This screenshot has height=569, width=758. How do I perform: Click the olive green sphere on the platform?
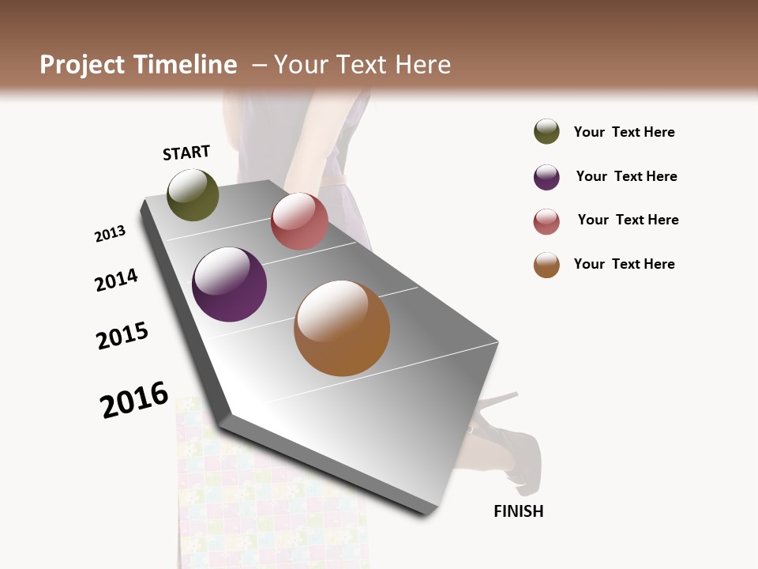pyautogui.click(x=193, y=194)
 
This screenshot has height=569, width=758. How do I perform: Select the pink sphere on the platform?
pyautogui.click(x=299, y=221)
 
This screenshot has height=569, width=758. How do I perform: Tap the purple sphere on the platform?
pyautogui.click(x=230, y=284)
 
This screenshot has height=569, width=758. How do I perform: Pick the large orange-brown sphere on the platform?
pyautogui.click(x=342, y=328)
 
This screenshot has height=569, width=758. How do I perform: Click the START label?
pyautogui.click(x=186, y=153)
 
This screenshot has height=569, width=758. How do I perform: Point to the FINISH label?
pyautogui.click(x=519, y=511)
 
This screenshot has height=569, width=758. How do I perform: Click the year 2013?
pyautogui.click(x=110, y=234)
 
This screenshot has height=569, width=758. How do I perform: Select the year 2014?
pyautogui.click(x=116, y=280)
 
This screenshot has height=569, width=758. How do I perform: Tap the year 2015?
pyautogui.click(x=122, y=336)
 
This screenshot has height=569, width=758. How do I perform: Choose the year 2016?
pyautogui.click(x=134, y=400)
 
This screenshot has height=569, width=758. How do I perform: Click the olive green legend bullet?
pyautogui.click(x=546, y=131)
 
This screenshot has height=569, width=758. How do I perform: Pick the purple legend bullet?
pyautogui.click(x=546, y=177)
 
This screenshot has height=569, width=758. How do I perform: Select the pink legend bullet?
pyautogui.click(x=546, y=221)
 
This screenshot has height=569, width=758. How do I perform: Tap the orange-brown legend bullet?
pyautogui.click(x=546, y=265)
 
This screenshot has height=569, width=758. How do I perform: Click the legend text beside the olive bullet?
pyautogui.click(x=624, y=132)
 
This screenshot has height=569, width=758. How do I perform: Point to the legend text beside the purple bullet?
pyautogui.click(x=626, y=176)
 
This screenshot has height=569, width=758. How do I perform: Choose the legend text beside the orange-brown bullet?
pyautogui.click(x=624, y=264)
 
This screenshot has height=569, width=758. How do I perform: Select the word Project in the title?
pyautogui.click(x=82, y=65)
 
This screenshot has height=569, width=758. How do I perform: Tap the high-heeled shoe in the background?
pyautogui.click(x=505, y=443)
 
